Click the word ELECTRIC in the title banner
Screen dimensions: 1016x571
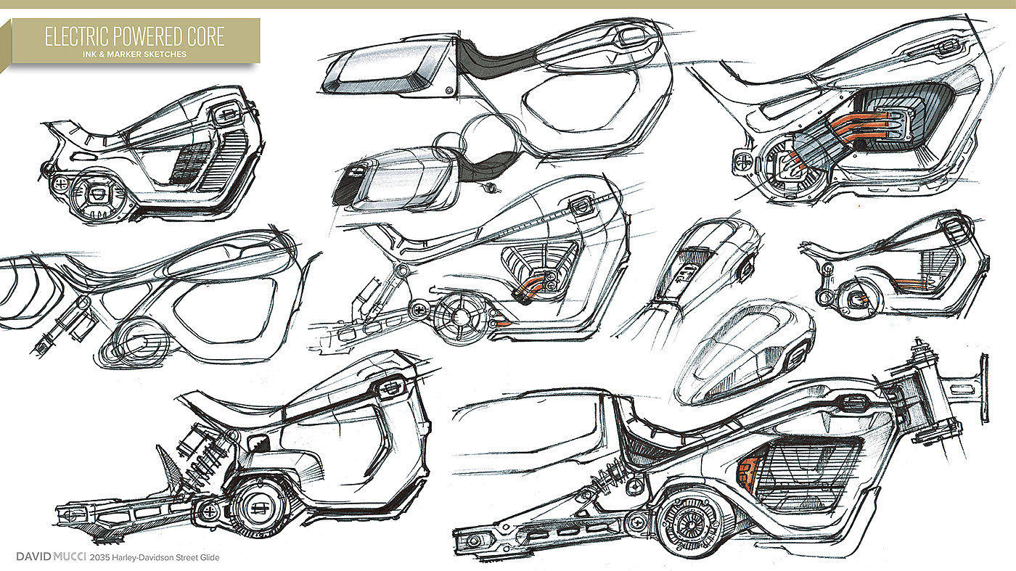coord(77,37)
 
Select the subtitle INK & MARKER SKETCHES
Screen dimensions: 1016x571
coord(134,54)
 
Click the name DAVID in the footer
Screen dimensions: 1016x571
coord(33,556)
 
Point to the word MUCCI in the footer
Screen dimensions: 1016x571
coord(69,556)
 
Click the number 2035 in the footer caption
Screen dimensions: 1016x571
coord(100,557)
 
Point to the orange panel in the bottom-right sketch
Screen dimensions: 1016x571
coord(748,472)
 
